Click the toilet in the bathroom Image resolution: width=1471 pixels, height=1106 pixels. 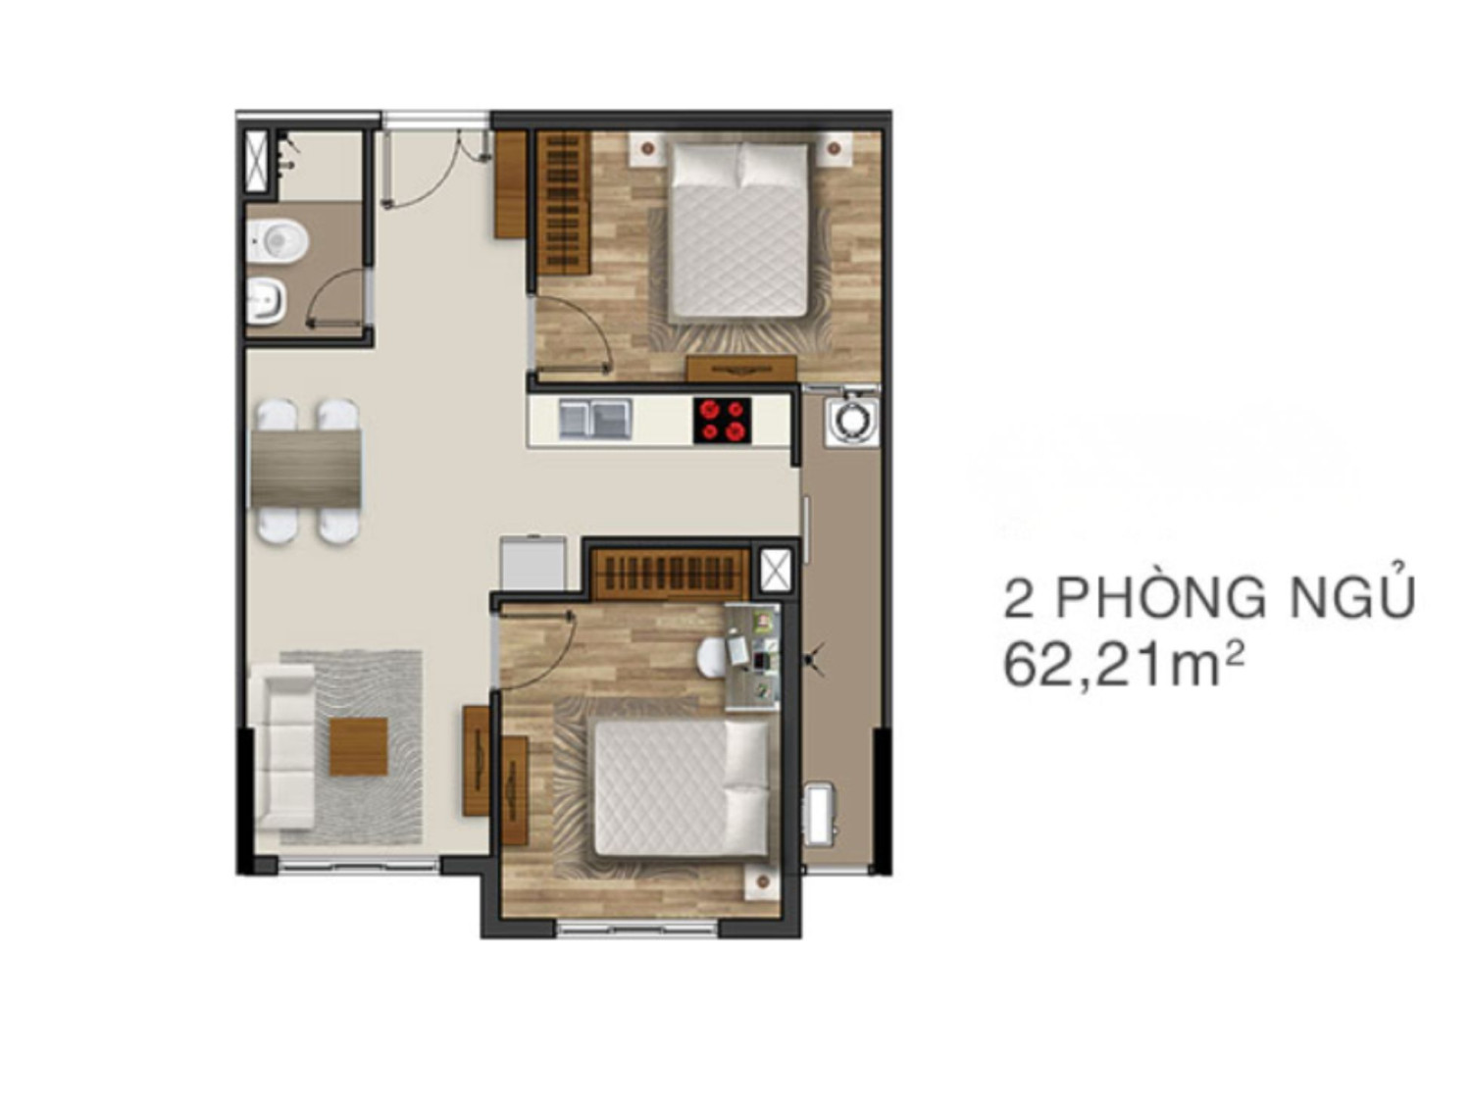click(277, 240)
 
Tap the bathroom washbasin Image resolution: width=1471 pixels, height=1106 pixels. click(267, 301)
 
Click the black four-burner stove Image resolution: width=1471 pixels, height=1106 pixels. click(721, 420)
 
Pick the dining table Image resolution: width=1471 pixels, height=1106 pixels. click(306, 469)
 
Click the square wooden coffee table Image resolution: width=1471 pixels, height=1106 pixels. click(358, 746)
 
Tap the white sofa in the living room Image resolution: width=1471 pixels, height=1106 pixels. click(281, 747)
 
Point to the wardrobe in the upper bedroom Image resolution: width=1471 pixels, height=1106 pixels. click(563, 202)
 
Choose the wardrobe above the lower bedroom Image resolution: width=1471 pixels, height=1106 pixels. click(671, 574)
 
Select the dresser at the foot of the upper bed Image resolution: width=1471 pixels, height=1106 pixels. click(741, 368)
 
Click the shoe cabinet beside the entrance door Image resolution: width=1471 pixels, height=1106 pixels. click(510, 184)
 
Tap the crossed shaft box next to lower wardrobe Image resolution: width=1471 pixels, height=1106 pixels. click(777, 570)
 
